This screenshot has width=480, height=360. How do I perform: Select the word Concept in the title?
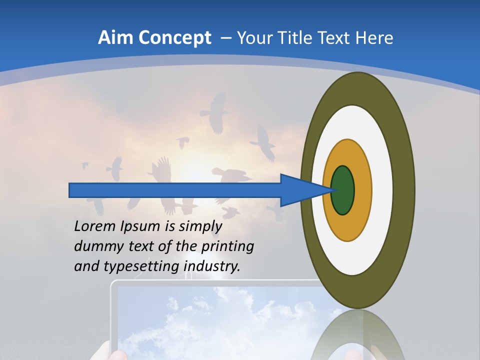click(x=175, y=37)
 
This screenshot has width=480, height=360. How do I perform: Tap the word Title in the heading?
click(x=290, y=37)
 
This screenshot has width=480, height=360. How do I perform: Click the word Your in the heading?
click(x=254, y=37)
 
